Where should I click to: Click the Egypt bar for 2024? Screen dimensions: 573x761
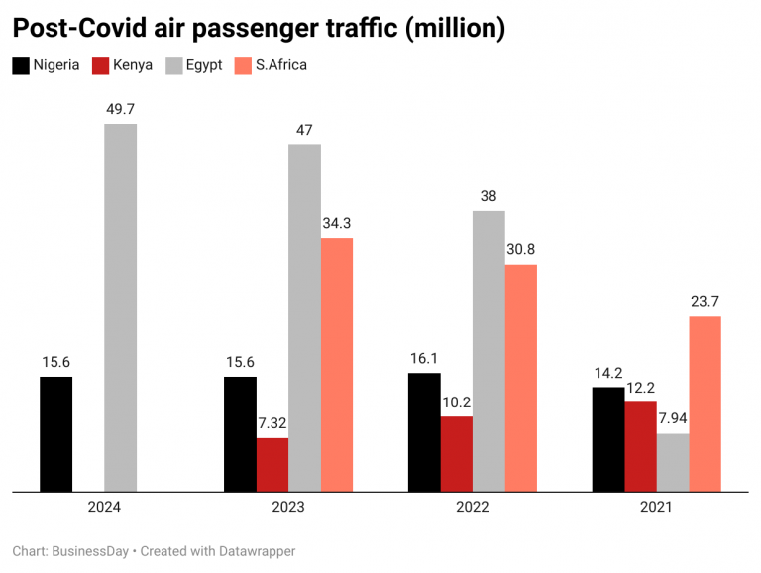click(x=120, y=307)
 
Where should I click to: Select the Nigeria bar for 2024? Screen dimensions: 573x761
click(x=56, y=433)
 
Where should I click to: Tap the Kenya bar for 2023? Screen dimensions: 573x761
click(x=272, y=464)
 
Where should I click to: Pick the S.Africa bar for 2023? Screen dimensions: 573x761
click(x=337, y=364)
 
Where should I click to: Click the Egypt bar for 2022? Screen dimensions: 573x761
click(x=489, y=350)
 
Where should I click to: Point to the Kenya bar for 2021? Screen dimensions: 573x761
click(x=640, y=445)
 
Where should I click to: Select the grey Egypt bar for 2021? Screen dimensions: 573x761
click(x=673, y=462)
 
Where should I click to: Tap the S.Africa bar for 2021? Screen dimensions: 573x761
click(x=705, y=403)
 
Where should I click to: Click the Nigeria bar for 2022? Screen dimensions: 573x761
click(x=424, y=431)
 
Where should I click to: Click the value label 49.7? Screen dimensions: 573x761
click(x=121, y=109)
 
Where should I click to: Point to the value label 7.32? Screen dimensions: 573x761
click(x=272, y=423)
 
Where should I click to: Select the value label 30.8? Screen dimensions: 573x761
click(x=521, y=249)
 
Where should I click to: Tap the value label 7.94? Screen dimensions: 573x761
click(x=673, y=418)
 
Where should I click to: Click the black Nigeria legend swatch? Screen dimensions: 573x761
click(x=20, y=66)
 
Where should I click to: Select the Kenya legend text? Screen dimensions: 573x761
click(x=134, y=66)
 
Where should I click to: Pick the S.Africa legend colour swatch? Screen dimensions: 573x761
click(x=242, y=66)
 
